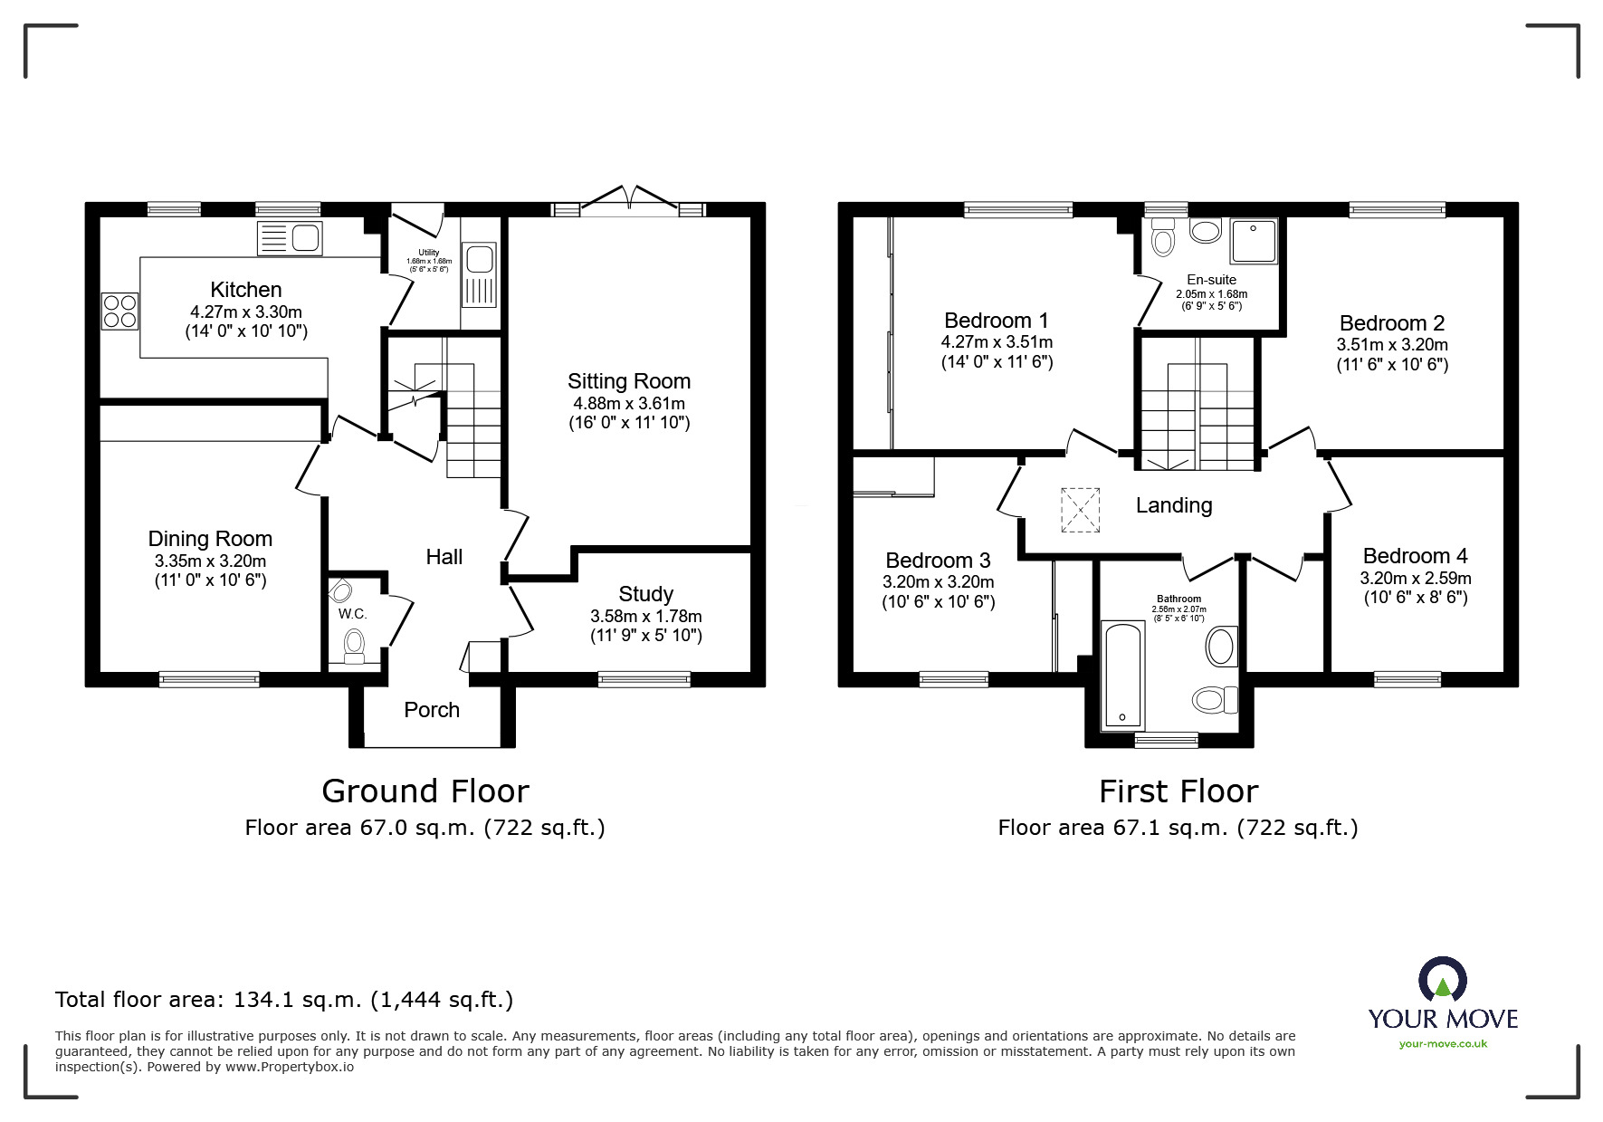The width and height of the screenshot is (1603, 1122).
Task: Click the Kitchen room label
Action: tap(245, 290)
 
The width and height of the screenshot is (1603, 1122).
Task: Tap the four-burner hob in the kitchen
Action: tap(120, 311)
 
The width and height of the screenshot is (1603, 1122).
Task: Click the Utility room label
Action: tap(428, 253)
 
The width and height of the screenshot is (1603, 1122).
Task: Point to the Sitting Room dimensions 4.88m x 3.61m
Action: tap(628, 403)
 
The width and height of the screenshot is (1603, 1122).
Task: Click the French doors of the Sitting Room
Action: tap(629, 202)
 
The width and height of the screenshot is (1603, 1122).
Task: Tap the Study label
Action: tap(645, 594)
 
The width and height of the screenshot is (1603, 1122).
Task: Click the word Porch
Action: tap(432, 710)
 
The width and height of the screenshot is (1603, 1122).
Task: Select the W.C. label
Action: tap(352, 614)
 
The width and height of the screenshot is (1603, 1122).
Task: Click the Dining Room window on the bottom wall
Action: tap(209, 678)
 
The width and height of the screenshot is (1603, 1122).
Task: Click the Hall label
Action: tap(444, 557)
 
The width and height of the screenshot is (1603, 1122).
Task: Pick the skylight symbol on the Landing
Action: tap(1080, 509)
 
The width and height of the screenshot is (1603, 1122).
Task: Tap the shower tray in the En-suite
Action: tap(1254, 240)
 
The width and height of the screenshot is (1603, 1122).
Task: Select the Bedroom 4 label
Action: tap(1415, 556)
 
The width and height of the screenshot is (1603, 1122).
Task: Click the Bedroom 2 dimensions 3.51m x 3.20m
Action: tap(1391, 344)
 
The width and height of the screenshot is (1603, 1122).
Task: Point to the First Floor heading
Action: tap(1178, 791)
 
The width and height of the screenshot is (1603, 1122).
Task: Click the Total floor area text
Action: tap(284, 1000)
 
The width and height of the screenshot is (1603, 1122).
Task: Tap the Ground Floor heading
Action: tap(425, 791)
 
